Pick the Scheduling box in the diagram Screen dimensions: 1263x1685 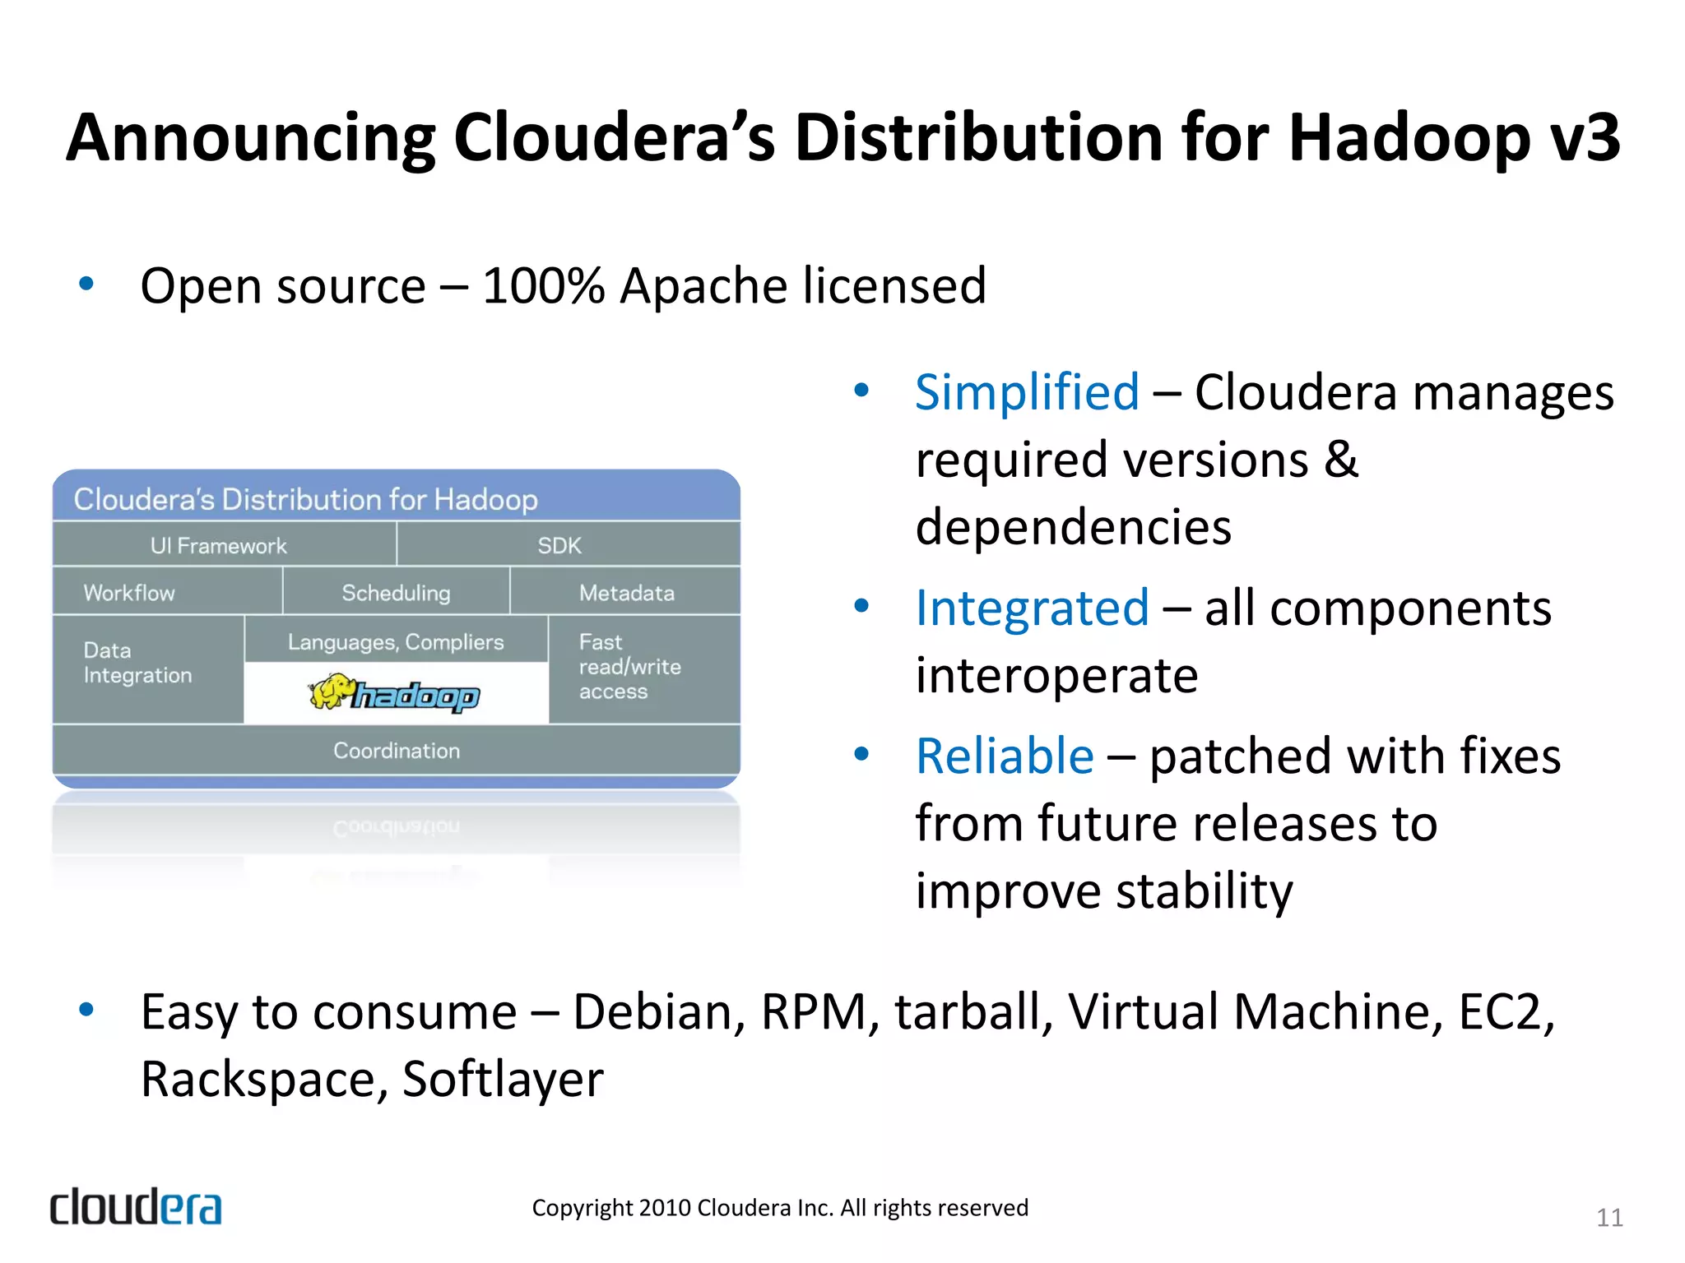tap(396, 592)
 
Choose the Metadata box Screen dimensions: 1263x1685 tap(625, 592)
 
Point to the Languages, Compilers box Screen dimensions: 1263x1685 tap(396, 641)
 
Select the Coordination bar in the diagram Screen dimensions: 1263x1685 tap(396, 750)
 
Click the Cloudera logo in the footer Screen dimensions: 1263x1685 tap(136, 1207)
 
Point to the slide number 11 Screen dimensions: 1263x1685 tap(1609, 1217)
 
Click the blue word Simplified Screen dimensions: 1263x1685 tap(1027, 392)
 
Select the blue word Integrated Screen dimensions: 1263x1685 tap(1032, 608)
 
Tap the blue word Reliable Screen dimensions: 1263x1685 tap(1005, 756)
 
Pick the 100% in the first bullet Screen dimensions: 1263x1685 tap(544, 286)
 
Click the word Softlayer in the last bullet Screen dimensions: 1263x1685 tap(503, 1079)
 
